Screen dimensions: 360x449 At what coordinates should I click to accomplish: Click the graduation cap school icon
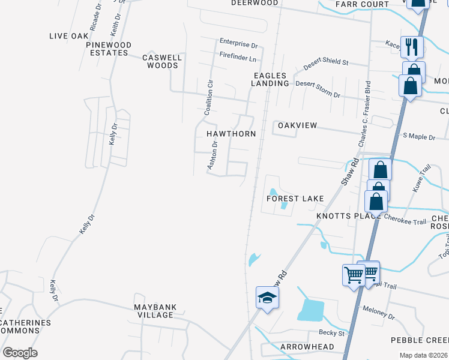[267, 298]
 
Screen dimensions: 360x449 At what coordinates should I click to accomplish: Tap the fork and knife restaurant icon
[412, 46]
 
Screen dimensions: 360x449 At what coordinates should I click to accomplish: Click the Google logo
[20, 352]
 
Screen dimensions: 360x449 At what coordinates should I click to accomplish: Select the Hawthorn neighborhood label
[231, 134]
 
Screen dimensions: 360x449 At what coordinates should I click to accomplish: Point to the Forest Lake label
[295, 199]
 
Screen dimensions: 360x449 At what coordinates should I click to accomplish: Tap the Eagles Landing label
[270, 79]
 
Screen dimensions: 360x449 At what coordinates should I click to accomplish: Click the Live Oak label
[69, 37]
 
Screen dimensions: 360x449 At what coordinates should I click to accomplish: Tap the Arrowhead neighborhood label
[307, 347]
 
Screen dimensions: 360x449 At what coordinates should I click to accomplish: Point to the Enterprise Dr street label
[238, 44]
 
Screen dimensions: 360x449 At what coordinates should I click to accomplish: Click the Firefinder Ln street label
[238, 59]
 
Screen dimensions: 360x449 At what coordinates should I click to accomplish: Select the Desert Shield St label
[326, 62]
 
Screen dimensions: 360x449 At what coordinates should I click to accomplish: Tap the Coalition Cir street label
[208, 97]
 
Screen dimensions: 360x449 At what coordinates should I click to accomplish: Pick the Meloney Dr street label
[379, 312]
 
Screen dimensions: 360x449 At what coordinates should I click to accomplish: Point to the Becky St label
[332, 333]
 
